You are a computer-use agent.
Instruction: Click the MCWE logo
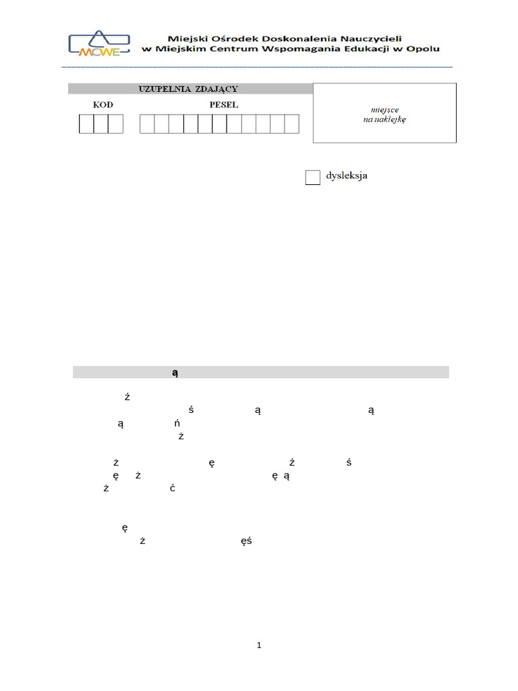[x=98, y=43]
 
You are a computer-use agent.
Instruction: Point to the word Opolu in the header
[x=422, y=49]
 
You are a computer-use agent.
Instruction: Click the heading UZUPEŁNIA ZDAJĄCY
[x=188, y=88]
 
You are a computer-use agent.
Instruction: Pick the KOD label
[x=103, y=105]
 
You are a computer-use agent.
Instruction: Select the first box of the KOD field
[x=86, y=124]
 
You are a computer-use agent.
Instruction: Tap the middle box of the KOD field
[x=101, y=124]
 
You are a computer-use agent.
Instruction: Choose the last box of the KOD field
[x=116, y=124]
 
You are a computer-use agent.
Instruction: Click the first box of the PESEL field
[x=147, y=124]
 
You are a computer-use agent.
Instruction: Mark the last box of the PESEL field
[x=291, y=124]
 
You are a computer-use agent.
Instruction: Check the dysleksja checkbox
[x=312, y=177]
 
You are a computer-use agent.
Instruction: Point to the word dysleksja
[x=347, y=177]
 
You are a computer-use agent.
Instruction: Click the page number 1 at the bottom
[x=259, y=646]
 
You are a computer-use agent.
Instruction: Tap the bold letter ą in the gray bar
[x=174, y=372]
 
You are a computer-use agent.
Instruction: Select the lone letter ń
[x=177, y=424]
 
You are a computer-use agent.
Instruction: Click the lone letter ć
[x=173, y=488]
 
